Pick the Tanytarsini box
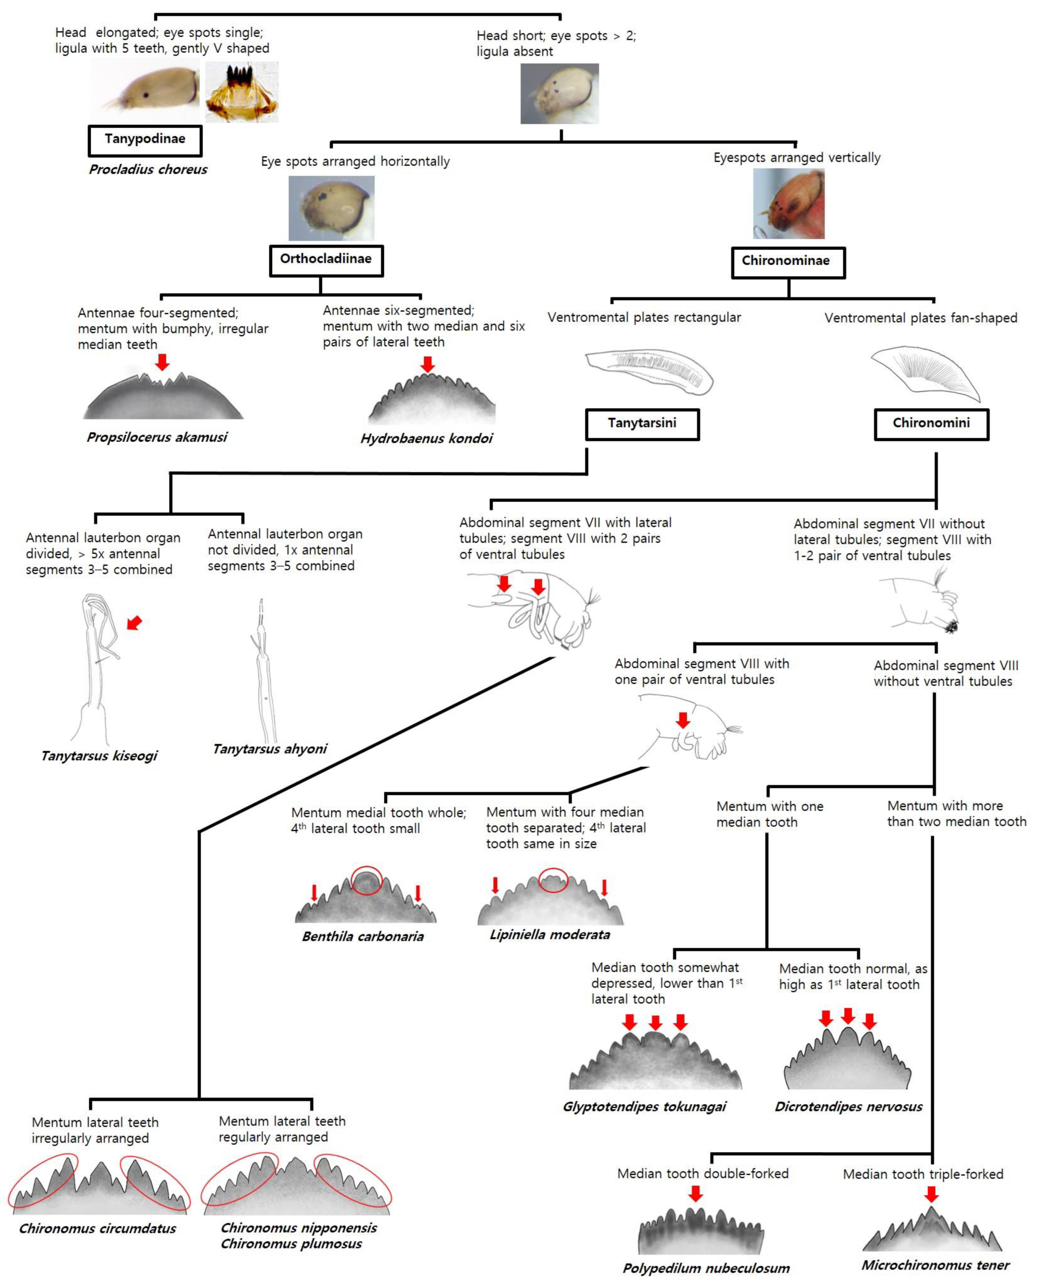(642, 424)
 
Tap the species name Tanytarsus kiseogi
(99, 756)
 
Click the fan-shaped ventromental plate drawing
(925, 372)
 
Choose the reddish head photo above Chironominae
(789, 204)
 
